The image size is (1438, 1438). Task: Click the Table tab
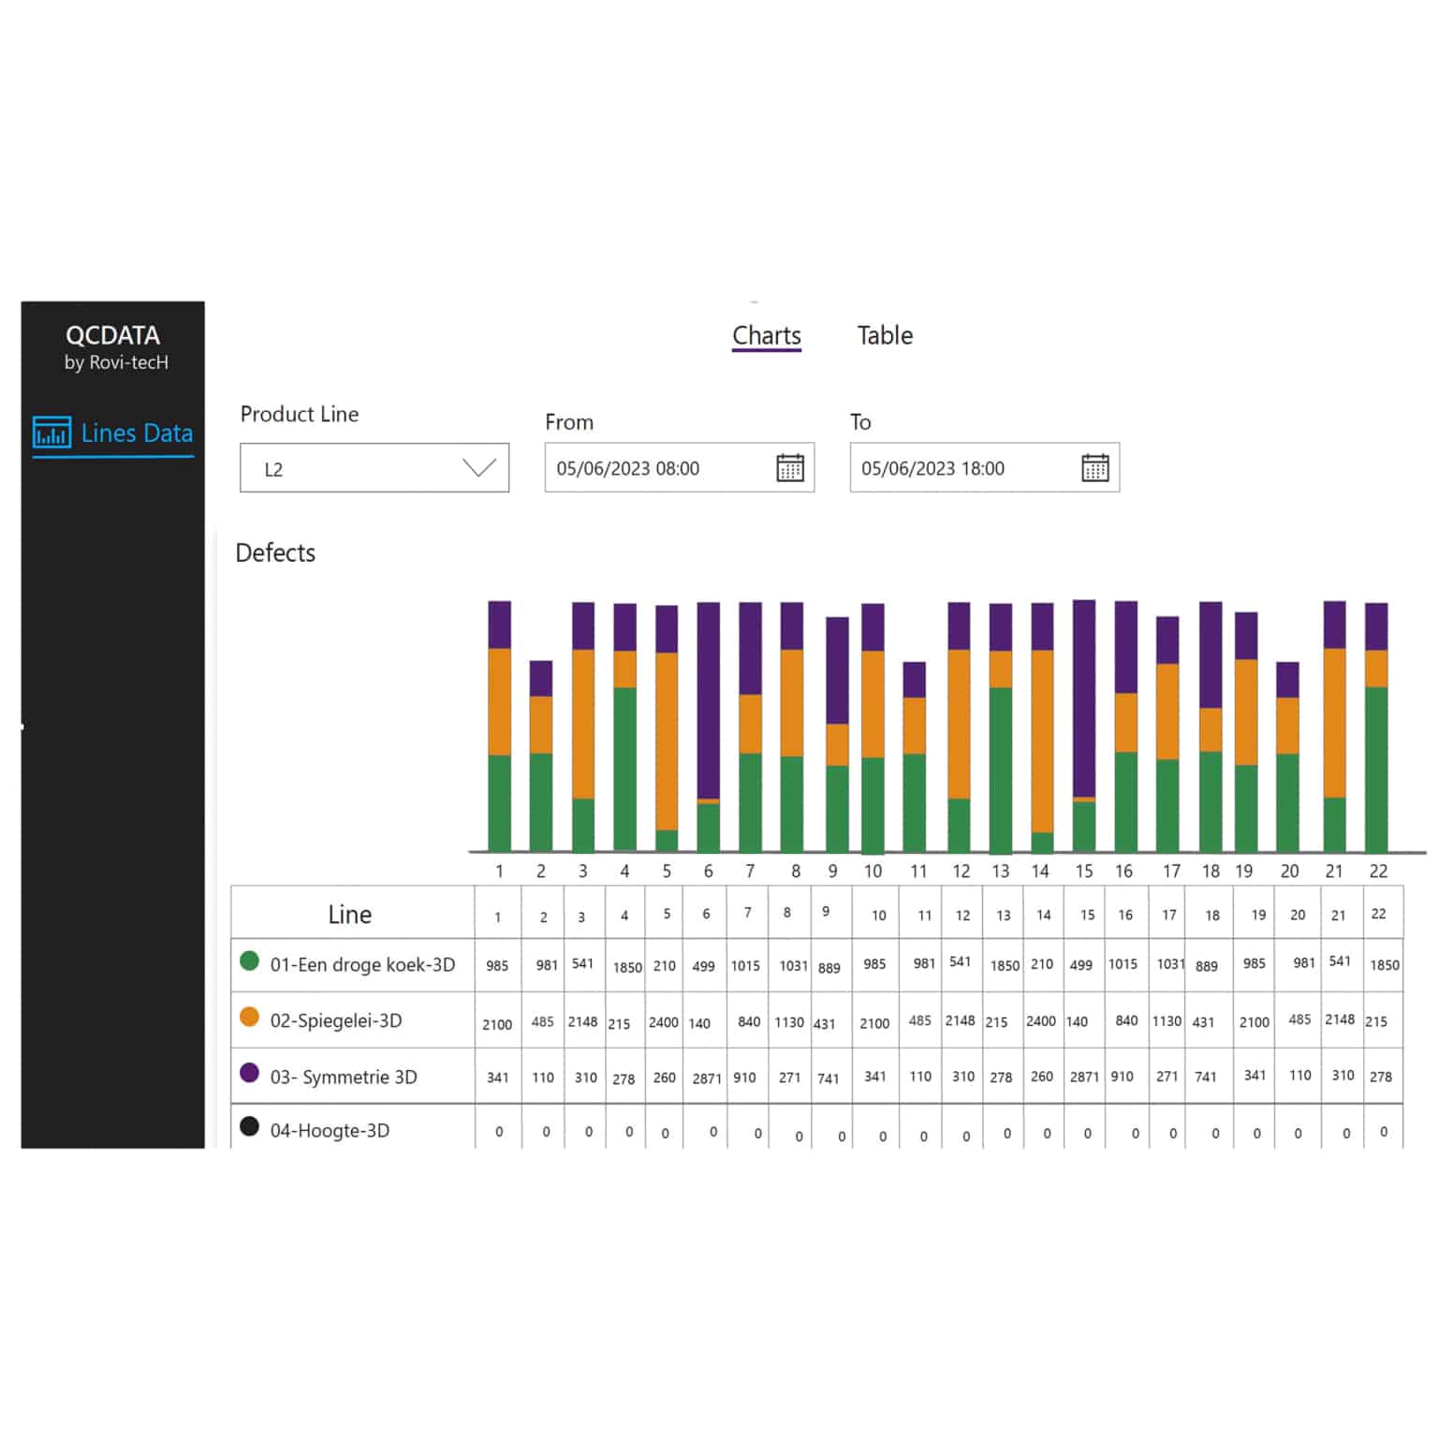885,335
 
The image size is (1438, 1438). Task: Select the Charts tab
767,335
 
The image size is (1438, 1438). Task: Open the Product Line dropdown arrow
479,468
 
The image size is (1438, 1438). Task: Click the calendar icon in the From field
790,467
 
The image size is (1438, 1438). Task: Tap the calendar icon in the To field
1095,467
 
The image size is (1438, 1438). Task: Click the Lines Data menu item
113,433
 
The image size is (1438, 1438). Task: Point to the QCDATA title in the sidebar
112,335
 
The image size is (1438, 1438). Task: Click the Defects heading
275,552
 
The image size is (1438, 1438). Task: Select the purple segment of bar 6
709,700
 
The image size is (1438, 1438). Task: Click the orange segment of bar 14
1042,741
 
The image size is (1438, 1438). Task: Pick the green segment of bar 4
624,769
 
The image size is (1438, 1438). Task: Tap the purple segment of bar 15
1084,698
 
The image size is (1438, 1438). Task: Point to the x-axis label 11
918,872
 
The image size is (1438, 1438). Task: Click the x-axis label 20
1289,872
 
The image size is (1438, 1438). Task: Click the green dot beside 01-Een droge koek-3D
249,961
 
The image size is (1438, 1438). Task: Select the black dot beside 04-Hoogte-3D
249,1126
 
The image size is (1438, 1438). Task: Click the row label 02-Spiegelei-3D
336,1020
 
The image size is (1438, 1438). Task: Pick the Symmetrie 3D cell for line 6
706,1078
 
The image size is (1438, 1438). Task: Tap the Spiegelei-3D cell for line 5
664,1021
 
